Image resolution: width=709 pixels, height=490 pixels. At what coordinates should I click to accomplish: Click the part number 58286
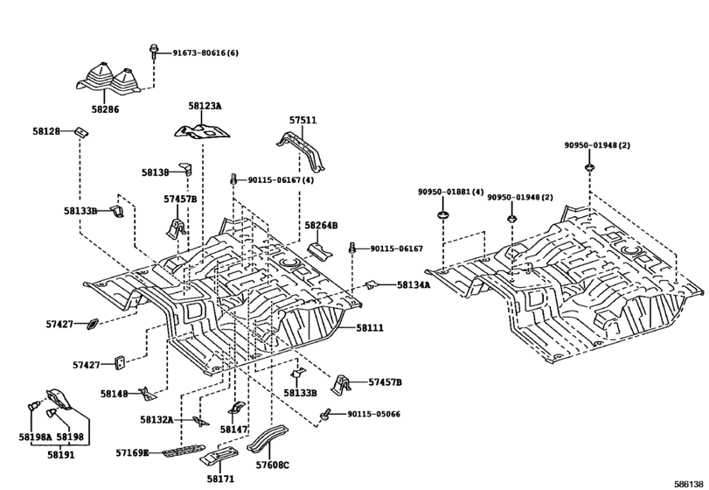point(105,109)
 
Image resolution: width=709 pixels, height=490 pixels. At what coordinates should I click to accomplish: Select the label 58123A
point(205,106)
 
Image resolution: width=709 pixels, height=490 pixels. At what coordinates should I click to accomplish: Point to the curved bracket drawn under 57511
point(302,150)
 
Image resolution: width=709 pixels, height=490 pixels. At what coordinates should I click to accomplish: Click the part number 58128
point(46,131)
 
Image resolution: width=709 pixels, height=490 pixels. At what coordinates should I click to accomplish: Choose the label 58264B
point(321,225)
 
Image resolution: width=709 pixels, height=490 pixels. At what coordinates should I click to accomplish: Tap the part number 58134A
point(414,284)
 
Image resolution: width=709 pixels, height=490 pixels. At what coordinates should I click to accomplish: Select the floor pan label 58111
point(370,327)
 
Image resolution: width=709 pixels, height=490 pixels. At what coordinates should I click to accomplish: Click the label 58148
point(114,394)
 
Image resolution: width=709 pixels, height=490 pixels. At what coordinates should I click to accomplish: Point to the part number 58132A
point(156,420)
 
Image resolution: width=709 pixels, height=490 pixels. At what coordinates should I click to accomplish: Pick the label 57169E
point(132,452)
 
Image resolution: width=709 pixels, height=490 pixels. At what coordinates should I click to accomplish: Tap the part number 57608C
point(272,465)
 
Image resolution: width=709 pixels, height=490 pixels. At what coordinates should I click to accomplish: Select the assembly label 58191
point(61,454)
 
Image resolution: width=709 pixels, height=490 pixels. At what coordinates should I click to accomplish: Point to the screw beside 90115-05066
point(325,414)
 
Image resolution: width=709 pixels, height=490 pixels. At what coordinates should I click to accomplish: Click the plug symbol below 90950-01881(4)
point(443,214)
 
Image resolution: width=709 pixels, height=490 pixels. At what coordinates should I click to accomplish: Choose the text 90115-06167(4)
point(281,179)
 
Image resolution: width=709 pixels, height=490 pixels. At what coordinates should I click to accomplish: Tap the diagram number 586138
point(689,484)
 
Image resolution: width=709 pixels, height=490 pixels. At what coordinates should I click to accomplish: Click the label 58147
point(234,429)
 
